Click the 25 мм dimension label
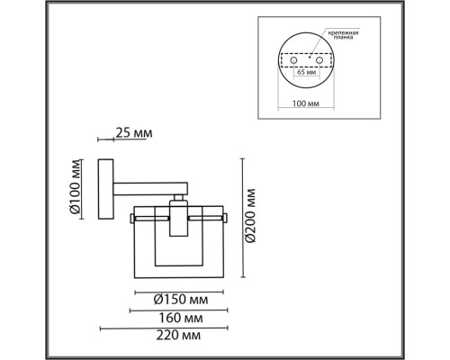point(132,134)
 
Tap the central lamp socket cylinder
point(179,219)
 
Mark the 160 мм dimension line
point(179,309)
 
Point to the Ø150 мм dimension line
point(179,290)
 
